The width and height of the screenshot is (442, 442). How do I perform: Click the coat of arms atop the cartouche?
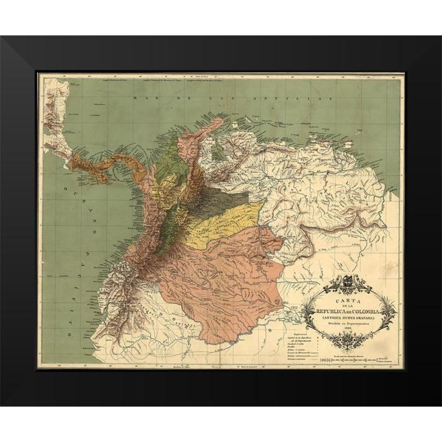coord(347,282)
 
